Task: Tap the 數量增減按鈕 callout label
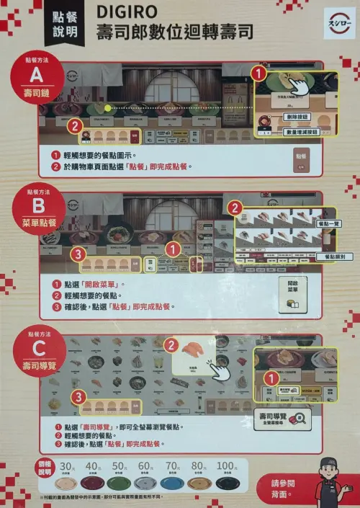tap(304, 131)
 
